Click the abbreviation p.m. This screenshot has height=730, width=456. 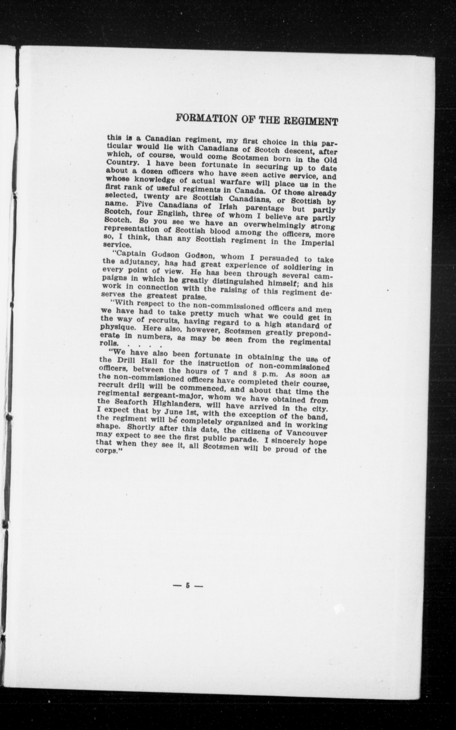click(x=265, y=374)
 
